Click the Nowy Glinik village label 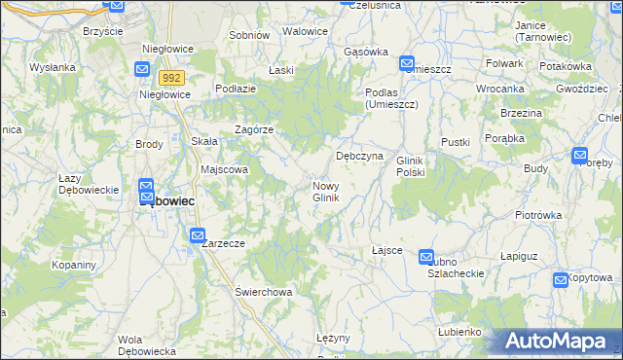tap(325, 192)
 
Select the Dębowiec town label tap(166, 201)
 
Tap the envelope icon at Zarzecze tap(198, 235)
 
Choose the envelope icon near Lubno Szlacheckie tap(426, 257)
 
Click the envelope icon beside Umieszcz tap(407, 64)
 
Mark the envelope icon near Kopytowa tap(561, 281)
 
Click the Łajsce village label tap(386, 250)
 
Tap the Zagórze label tap(254, 129)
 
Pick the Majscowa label tap(225, 169)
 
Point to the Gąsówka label tap(366, 52)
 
